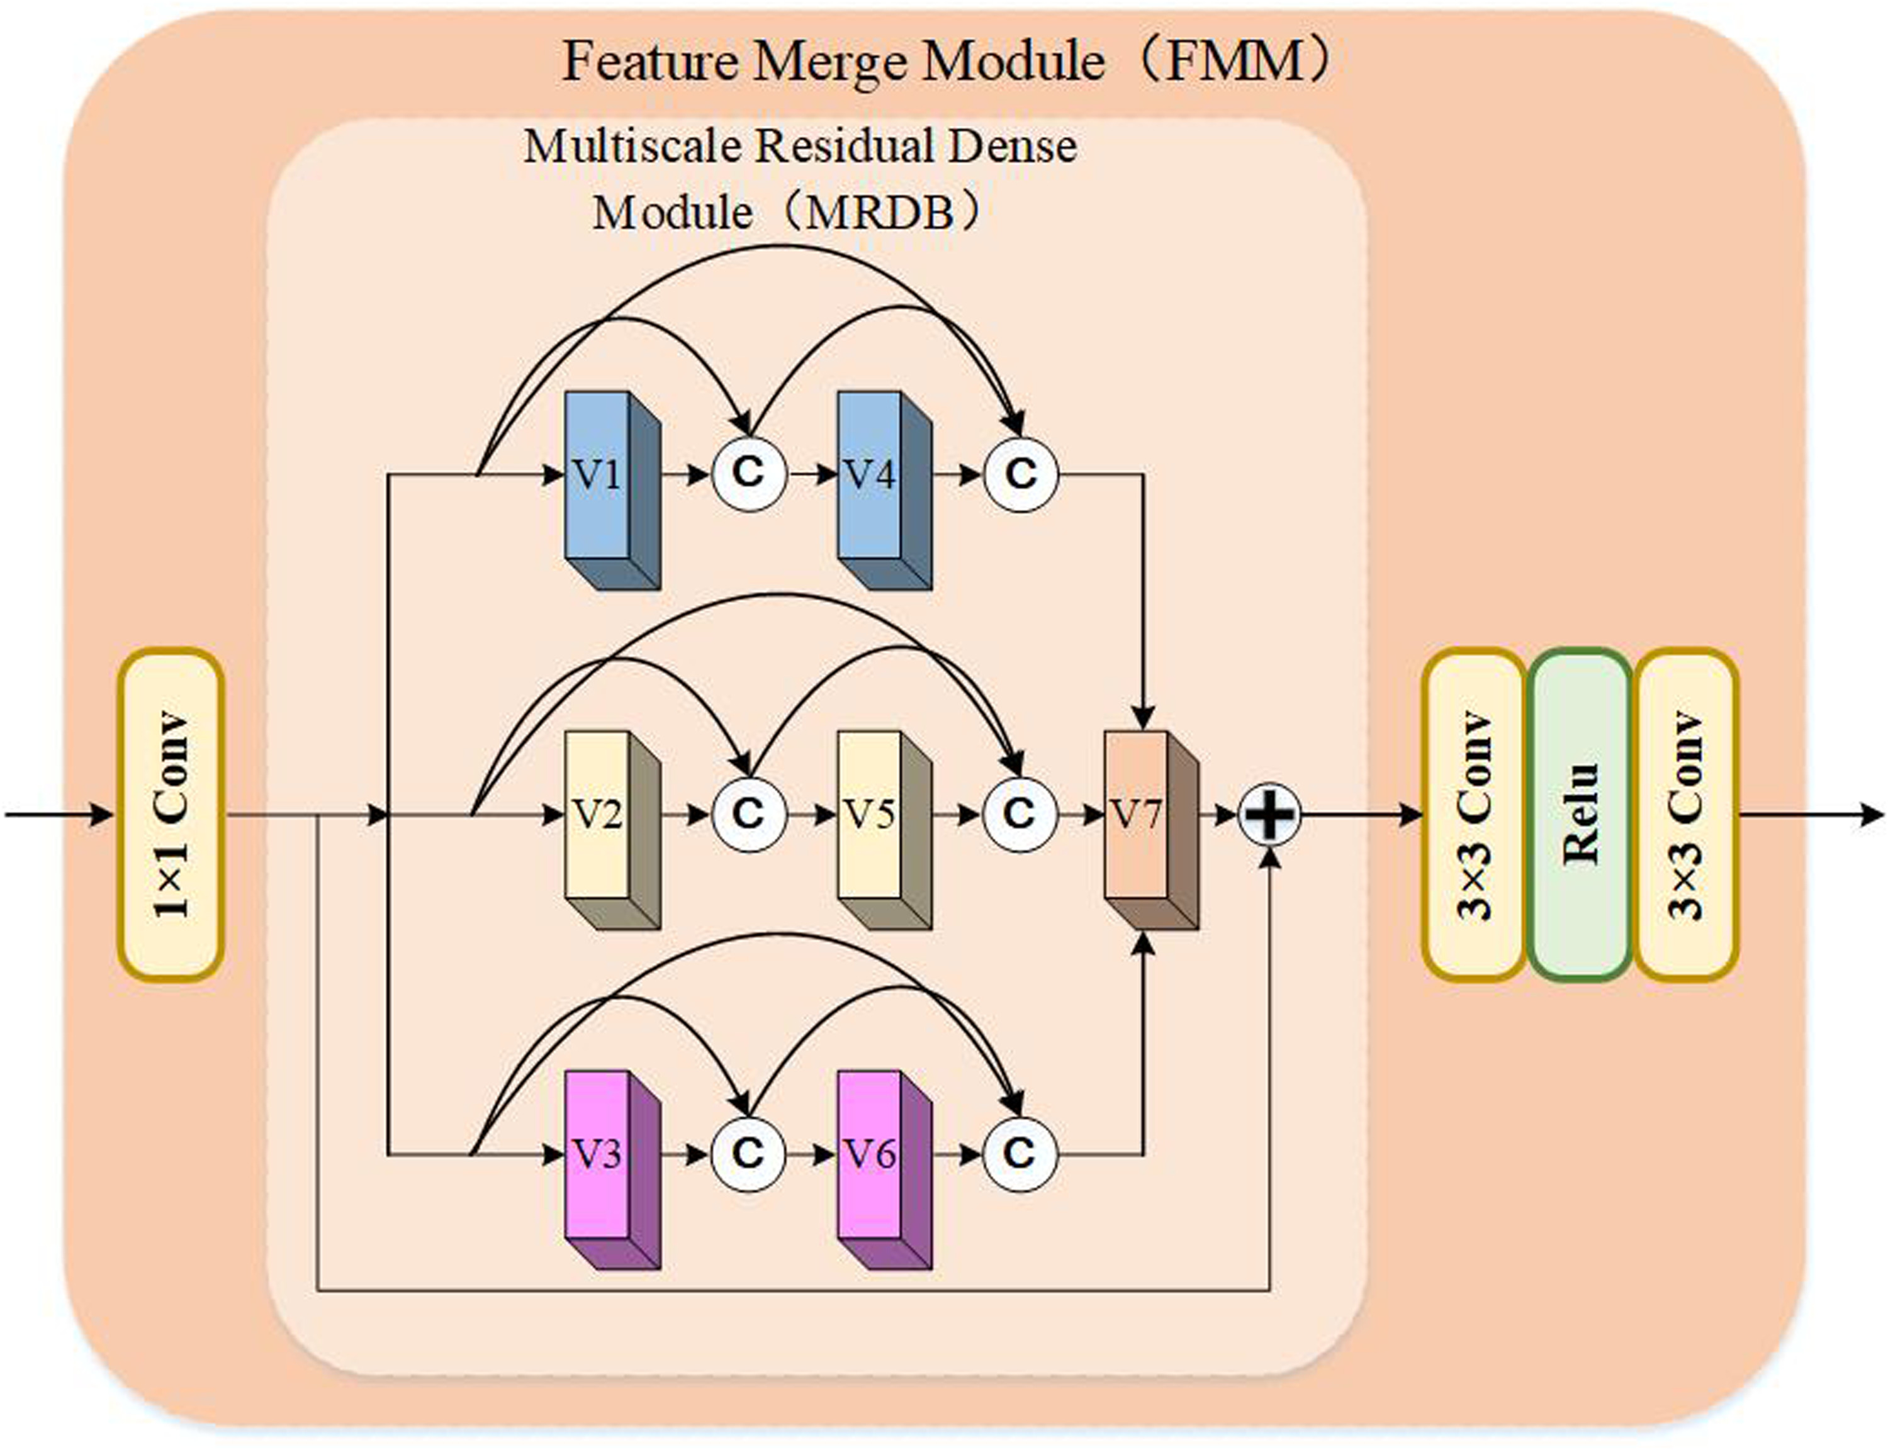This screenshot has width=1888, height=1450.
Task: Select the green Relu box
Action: coord(1580,814)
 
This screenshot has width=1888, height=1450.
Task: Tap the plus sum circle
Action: coord(1269,814)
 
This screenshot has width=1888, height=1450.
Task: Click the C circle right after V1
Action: coord(748,474)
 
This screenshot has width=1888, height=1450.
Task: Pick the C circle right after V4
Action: coord(1020,474)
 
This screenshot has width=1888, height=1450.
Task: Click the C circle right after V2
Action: coord(748,814)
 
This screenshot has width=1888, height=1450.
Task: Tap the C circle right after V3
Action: coord(748,1154)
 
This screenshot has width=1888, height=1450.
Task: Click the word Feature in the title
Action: coord(650,62)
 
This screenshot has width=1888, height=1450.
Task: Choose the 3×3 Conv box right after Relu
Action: coord(1686,814)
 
